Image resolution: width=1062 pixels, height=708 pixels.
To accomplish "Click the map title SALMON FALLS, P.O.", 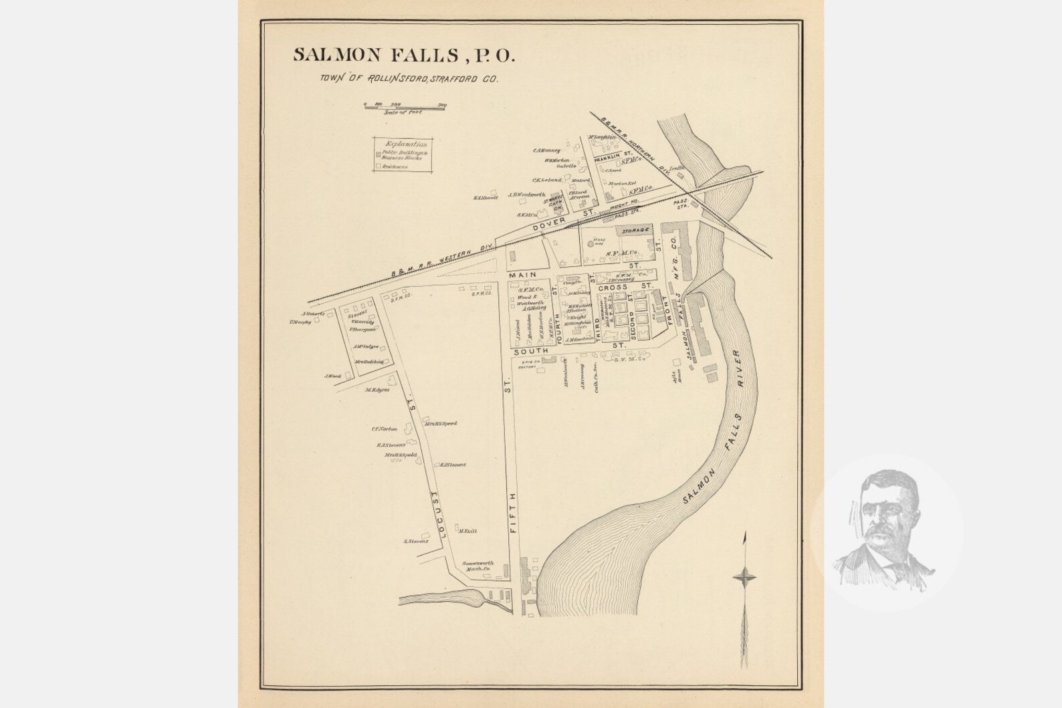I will tap(404, 55).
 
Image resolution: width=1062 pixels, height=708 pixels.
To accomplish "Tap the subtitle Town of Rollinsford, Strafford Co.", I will tap(409, 79).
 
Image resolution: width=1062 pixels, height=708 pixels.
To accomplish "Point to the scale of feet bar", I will tap(405, 106).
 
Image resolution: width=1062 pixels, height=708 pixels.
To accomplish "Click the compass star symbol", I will tap(744, 576).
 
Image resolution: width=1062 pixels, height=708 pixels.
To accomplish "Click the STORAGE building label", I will tap(636, 230).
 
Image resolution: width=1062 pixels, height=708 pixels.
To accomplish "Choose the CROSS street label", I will tap(613, 287).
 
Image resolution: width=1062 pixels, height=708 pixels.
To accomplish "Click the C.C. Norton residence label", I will tap(385, 429).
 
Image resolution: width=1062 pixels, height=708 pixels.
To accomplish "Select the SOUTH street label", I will tap(531, 350).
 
